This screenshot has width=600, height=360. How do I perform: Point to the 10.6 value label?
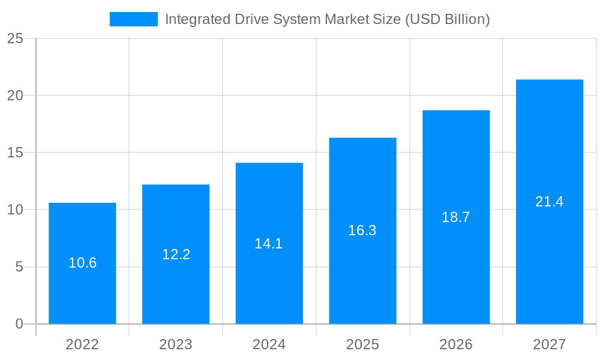pyautogui.click(x=82, y=263)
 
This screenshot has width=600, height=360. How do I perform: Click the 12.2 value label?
pyautogui.click(x=176, y=254)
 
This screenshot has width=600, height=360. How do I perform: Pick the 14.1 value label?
pyautogui.click(x=269, y=244)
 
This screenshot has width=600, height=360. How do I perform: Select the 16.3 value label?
pyautogui.click(x=362, y=230)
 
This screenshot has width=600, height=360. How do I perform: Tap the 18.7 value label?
pyautogui.click(x=456, y=217)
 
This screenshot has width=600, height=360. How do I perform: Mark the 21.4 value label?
pyautogui.click(x=549, y=202)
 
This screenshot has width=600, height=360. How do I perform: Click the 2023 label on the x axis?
pyautogui.click(x=176, y=344)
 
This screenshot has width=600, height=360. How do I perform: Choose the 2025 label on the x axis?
pyautogui.click(x=362, y=344)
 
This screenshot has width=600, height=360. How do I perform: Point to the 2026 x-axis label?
pyautogui.click(x=456, y=344)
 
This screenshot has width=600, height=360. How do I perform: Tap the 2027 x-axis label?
pyautogui.click(x=549, y=344)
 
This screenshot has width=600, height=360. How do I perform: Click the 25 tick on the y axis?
pyautogui.click(x=15, y=39)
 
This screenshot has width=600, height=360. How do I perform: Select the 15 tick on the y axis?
pyautogui.click(x=15, y=153)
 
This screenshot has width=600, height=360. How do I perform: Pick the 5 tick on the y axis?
pyautogui.click(x=19, y=267)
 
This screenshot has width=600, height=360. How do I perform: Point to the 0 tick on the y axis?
pyautogui.click(x=19, y=324)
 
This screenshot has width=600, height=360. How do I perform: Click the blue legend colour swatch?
pyautogui.click(x=133, y=19)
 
